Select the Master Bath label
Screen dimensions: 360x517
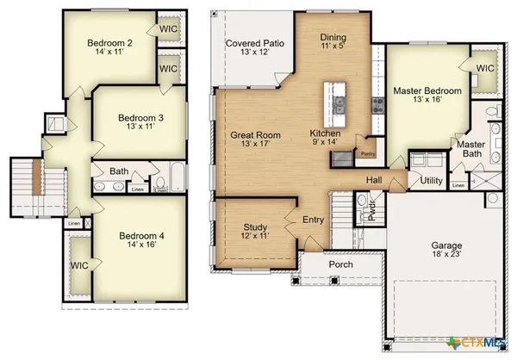[x=470, y=149]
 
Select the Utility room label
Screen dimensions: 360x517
[x=431, y=181]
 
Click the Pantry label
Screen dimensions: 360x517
[x=368, y=154]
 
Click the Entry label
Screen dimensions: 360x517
[x=314, y=220]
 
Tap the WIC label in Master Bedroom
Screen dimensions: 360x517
[x=485, y=68]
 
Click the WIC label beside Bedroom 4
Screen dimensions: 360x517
[x=82, y=265]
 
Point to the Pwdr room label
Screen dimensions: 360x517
[x=372, y=210]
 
